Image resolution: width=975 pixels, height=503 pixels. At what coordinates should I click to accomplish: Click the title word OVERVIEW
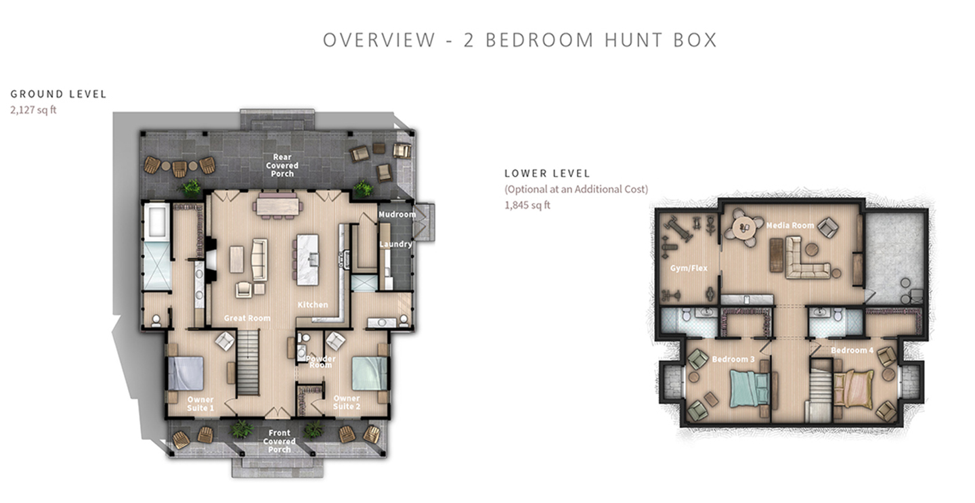(x=378, y=40)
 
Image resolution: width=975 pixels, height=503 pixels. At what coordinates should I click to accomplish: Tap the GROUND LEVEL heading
(x=58, y=94)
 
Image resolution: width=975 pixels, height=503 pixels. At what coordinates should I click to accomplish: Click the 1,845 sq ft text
(x=527, y=205)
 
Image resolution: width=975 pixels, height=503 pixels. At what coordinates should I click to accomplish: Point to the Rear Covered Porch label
(x=282, y=165)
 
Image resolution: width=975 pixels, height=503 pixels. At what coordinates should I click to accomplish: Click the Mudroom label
(x=397, y=215)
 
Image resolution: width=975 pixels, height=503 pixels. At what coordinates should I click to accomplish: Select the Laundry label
(x=395, y=244)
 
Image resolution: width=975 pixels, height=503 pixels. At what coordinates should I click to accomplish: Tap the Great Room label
(x=247, y=318)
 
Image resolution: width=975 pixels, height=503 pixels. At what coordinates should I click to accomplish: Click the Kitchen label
(x=313, y=305)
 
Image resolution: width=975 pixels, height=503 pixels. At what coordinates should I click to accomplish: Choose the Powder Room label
(x=320, y=362)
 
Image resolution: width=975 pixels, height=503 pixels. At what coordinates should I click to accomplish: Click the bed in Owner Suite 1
(x=186, y=373)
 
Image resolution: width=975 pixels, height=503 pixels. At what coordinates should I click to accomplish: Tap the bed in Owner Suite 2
(x=369, y=373)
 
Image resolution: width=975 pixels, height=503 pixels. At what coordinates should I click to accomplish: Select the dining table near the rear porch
(x=276, y=204)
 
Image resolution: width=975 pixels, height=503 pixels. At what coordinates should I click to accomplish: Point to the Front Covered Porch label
(x=279, y=441)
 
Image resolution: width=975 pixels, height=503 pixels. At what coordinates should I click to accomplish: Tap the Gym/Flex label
(x=689, y=268)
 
